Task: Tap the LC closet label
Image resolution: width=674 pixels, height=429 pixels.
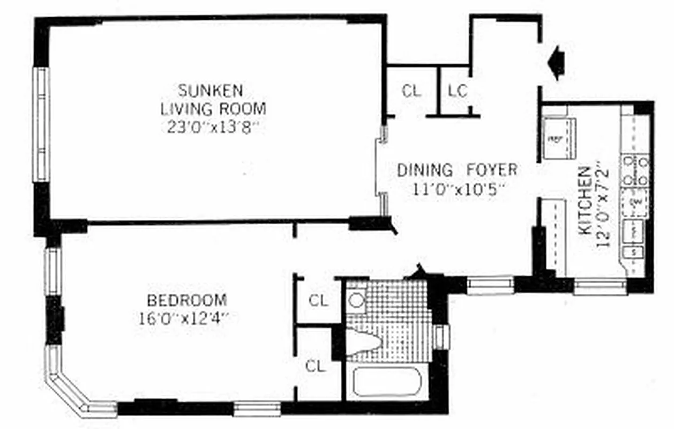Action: [x=458, y=91]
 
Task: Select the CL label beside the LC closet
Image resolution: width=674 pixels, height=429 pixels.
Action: [x=411, y=91]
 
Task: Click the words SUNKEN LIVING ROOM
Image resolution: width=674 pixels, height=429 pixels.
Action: [x=213, y=99]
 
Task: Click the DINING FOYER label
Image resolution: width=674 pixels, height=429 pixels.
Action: [x=457, y=171]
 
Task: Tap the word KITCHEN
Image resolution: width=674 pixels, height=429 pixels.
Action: [x=586, y=201]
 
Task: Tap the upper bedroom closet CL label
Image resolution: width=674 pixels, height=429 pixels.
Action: [x=318, y=301]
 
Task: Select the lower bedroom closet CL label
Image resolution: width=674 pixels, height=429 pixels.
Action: [x=316, y=366]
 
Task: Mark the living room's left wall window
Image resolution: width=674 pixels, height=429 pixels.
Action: [x=40, y=124]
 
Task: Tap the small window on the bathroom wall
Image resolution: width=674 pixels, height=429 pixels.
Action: [x=441, y=337]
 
